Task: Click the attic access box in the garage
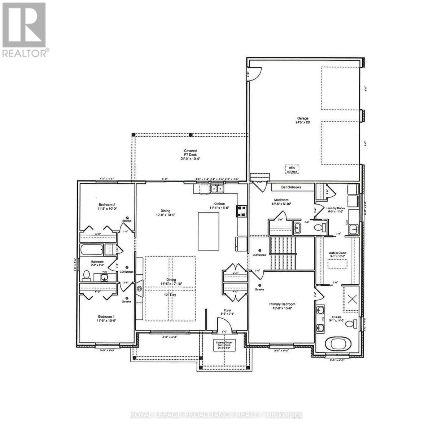click(292, 169)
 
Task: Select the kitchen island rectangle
click(209, 231)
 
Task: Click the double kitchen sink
click(217, 189)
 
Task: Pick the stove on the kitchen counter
click(241, 211)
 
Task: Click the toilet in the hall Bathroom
click(87, 276)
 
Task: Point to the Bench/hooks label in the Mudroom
click(292, 187)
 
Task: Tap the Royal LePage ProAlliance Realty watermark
click(216, 415)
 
